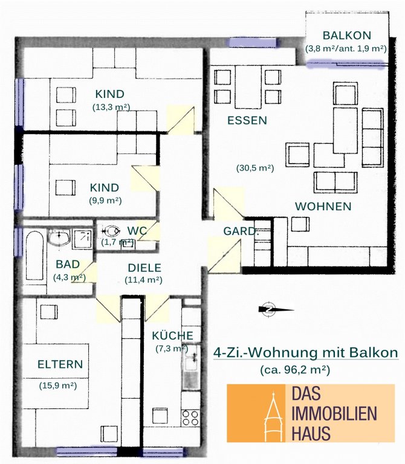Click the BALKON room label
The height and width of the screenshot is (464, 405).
tap(347, 36)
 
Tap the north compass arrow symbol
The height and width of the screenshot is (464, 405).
tap(276, 309)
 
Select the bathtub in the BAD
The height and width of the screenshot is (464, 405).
tap(34, 256)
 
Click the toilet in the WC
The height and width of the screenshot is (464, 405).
tap(111, 231)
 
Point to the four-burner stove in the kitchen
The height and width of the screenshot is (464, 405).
tap(190, 417)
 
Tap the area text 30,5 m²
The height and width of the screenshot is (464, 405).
tap(255, 168)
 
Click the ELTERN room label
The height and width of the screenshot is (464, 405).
tap(60, 364)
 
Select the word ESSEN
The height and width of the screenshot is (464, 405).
tap(247, 120)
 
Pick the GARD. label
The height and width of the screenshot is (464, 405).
tap(241, 231)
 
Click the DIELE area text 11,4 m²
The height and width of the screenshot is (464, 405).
tap(144, 280)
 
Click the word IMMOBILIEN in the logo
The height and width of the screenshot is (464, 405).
tap(334, 413)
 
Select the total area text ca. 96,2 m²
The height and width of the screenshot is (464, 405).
tap(295, 370)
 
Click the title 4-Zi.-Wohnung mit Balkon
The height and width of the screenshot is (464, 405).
tap(305, 352)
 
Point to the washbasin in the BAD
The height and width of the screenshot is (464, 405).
tap(59, 238)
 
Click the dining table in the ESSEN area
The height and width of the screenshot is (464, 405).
tap(248, 87)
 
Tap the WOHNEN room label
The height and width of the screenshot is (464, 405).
tap(323, 206)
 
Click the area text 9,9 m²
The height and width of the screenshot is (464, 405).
tap(105, 201)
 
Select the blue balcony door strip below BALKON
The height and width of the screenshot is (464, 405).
tap(347, 64)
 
